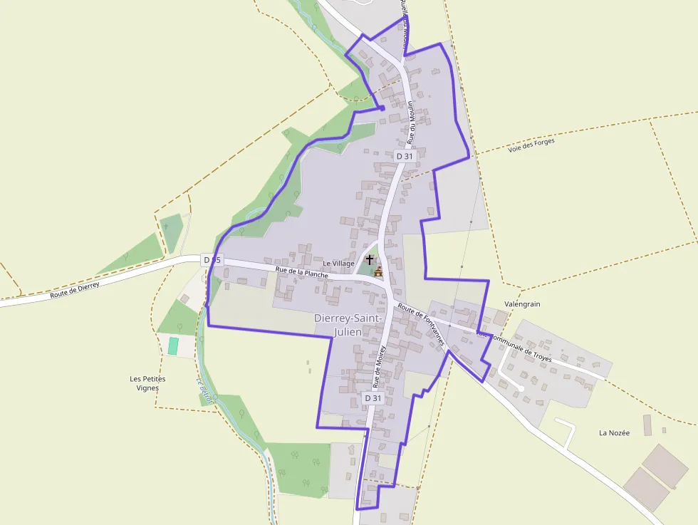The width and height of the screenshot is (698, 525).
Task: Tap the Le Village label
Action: pos(338,264)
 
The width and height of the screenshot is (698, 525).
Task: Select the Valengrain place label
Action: pos(523,304)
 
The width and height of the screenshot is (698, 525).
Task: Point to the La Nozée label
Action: pos(614,433)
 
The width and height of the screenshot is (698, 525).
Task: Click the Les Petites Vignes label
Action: pos(147,383)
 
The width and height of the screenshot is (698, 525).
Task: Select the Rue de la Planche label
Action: pos(301,273)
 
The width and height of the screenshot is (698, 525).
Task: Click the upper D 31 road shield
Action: pos(405,156)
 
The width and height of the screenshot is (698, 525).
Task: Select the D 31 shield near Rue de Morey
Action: pos(373,398)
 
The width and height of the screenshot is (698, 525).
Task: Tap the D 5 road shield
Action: pos(212,260)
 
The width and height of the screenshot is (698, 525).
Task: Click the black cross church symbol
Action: pos(369,260)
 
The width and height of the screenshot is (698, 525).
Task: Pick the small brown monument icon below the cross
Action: pos(378,271)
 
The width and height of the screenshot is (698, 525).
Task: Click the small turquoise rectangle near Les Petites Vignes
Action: pos(173,346)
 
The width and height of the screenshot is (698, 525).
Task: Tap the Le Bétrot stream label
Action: pos(205,390)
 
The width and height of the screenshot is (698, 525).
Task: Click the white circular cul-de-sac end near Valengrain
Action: pos(521,388)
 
